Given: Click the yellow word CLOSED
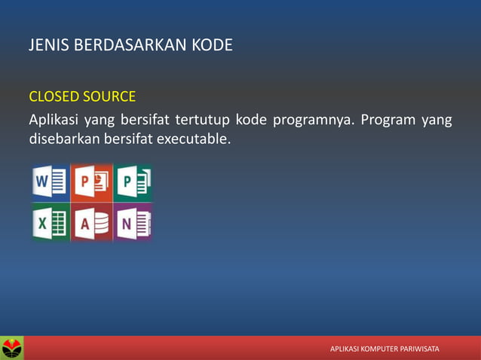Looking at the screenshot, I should (x=53, y=96).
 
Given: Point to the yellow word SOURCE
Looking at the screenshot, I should (x=109, y=96).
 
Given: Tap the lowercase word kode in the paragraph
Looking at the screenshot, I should (x=252, y=120).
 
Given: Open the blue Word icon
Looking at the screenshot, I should (x=50, y=183).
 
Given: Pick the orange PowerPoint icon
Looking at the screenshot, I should (x=92, y=183).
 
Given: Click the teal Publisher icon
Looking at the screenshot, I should (x=133, y=183).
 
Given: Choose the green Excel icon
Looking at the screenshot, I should (x=50, y=222).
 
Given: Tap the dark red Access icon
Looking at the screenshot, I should (x=92, y=222).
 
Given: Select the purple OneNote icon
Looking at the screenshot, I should (x=133, y=222).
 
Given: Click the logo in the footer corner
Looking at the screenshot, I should (x=12, y=348).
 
